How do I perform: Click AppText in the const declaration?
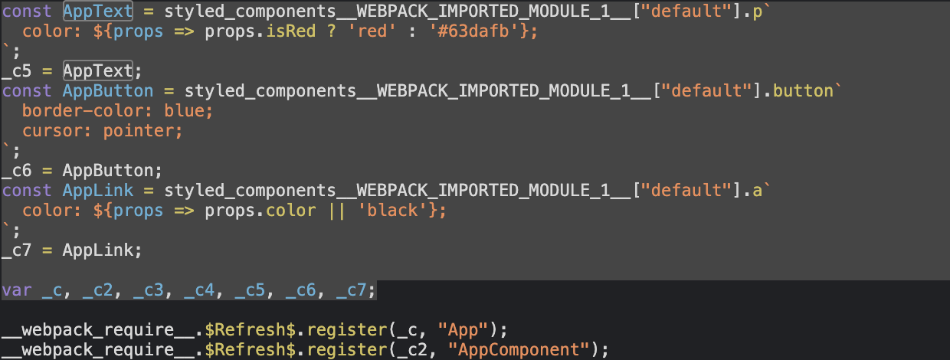[x=98, y=11]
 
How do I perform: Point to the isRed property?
[x=287, y=31]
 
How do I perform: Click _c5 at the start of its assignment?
[x=16, y=71]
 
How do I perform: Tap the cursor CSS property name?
[x=47, y=131]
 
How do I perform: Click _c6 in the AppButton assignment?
[x=16, y=171]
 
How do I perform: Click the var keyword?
[x=16, y=291]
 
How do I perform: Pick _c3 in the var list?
[x=149, y=291]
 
